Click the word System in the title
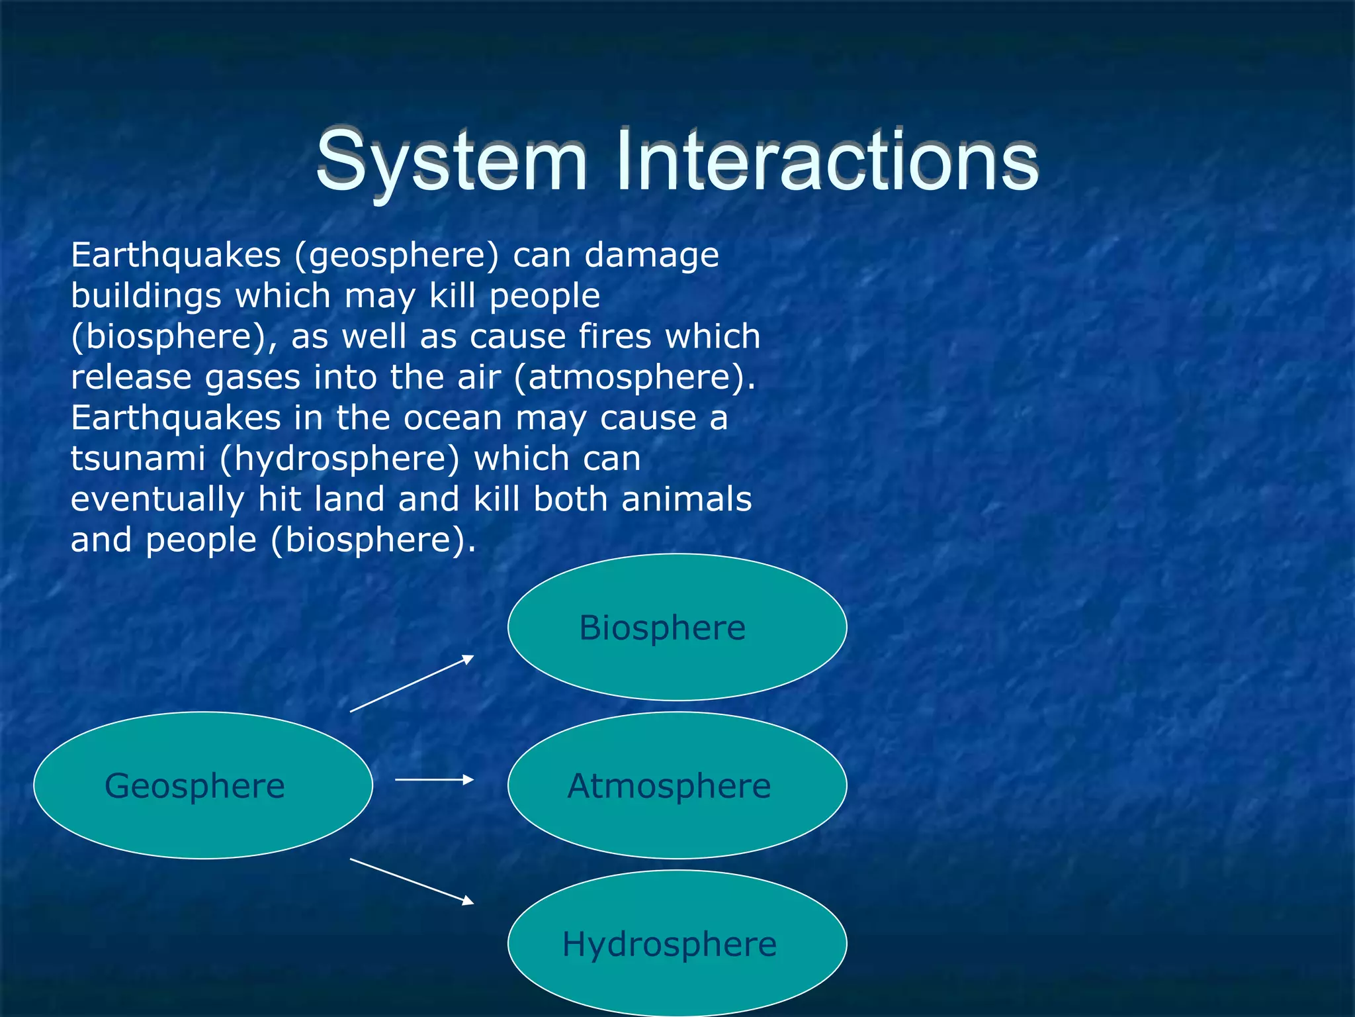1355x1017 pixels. point(451,160)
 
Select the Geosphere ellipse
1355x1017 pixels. point(202,785)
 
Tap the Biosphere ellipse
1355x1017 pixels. point(677,627)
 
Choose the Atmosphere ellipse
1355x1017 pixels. point(677,785)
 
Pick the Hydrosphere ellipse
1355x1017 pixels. point(677,944)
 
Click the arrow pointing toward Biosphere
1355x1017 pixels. point(412,683)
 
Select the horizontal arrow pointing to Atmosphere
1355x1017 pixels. point(434,780)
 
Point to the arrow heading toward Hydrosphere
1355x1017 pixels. point(412,881)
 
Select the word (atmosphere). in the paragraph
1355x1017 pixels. point(634,378)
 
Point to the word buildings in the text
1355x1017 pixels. point(146,296)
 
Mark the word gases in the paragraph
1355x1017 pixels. point(252,378)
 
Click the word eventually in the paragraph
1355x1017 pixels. point(157,500)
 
